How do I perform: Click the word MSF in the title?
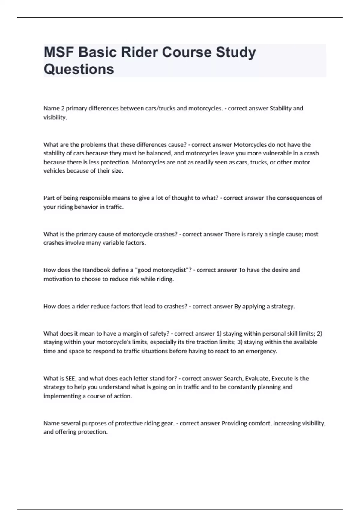59,52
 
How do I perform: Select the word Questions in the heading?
79,69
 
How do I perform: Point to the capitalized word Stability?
281,108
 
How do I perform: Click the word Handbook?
96,270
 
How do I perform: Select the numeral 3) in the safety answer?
240,342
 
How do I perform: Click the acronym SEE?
70,379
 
